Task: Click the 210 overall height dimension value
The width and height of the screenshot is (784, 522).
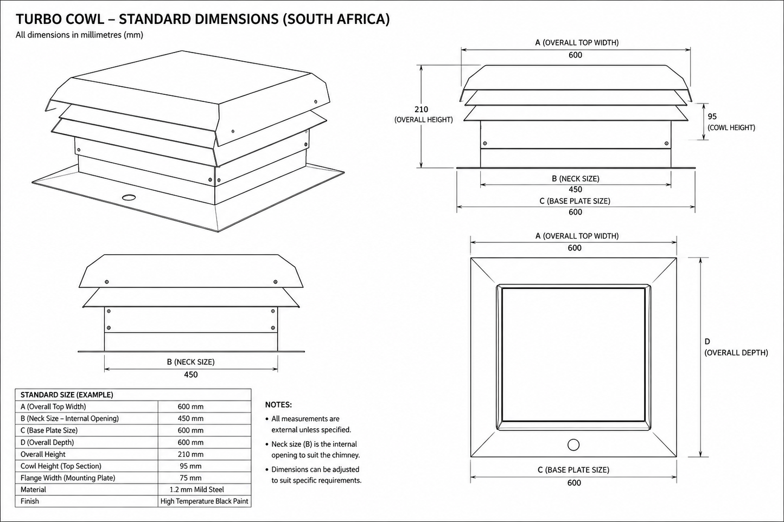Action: coord(421,109)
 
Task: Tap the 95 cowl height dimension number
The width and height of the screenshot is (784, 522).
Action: coord(712,117)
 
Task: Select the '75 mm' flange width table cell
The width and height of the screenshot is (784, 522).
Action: coord(190,478)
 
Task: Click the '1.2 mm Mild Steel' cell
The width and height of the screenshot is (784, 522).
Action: coord(197,489)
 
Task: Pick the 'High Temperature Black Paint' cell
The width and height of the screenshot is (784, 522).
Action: coord(205,501)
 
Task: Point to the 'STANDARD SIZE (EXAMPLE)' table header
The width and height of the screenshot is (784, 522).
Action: coord(67,395)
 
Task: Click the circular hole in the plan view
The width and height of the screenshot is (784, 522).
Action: coord(573,444)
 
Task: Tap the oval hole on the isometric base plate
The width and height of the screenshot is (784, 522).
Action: coord(129,197)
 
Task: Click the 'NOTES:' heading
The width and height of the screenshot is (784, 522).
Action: coord(278,405)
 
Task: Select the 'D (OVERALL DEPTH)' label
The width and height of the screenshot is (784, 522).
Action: coord(736,347)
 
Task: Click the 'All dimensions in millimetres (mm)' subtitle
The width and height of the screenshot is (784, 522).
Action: coord(79,35)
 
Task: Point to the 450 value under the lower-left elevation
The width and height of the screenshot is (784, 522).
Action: coord(191,375)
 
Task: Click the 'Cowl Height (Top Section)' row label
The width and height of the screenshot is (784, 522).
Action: coord(61,466)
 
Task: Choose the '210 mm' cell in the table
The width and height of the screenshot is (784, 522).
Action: coord(190,455)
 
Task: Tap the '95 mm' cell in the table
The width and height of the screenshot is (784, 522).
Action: coord(190,466)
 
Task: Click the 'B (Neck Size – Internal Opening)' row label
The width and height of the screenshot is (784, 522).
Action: coord(69,418)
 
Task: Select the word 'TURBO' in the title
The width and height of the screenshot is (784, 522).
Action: coord(39,19)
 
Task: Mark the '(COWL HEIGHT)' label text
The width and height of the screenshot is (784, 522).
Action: coord(731,127)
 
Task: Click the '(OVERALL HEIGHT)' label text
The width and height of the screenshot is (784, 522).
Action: coord(424,120)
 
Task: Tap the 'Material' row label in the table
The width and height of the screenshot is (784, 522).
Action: coord(33,489)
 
